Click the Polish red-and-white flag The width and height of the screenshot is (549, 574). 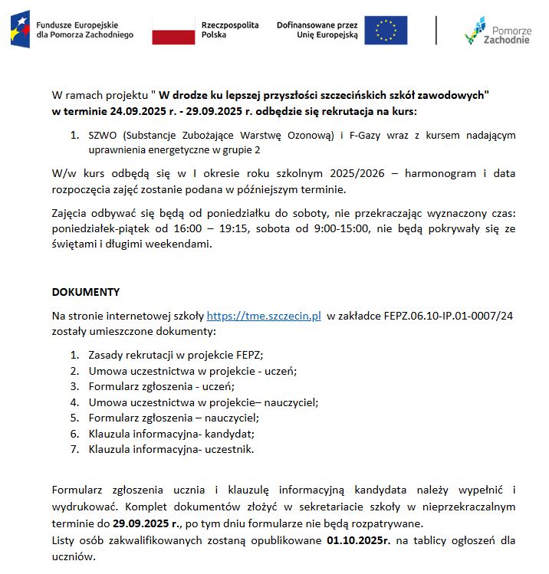tap(173, 30)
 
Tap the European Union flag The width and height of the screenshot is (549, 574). tap(386, 30)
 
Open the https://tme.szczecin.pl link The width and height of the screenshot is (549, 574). tap(264, 316)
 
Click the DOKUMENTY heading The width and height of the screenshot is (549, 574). tap(86, 292)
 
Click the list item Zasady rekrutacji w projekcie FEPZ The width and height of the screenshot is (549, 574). tap(176, 355)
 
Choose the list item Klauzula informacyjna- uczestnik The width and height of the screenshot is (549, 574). tap(171, 449)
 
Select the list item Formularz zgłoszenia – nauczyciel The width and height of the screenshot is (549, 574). tap(173, 418)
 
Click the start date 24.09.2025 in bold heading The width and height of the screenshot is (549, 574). tap(134, 111)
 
